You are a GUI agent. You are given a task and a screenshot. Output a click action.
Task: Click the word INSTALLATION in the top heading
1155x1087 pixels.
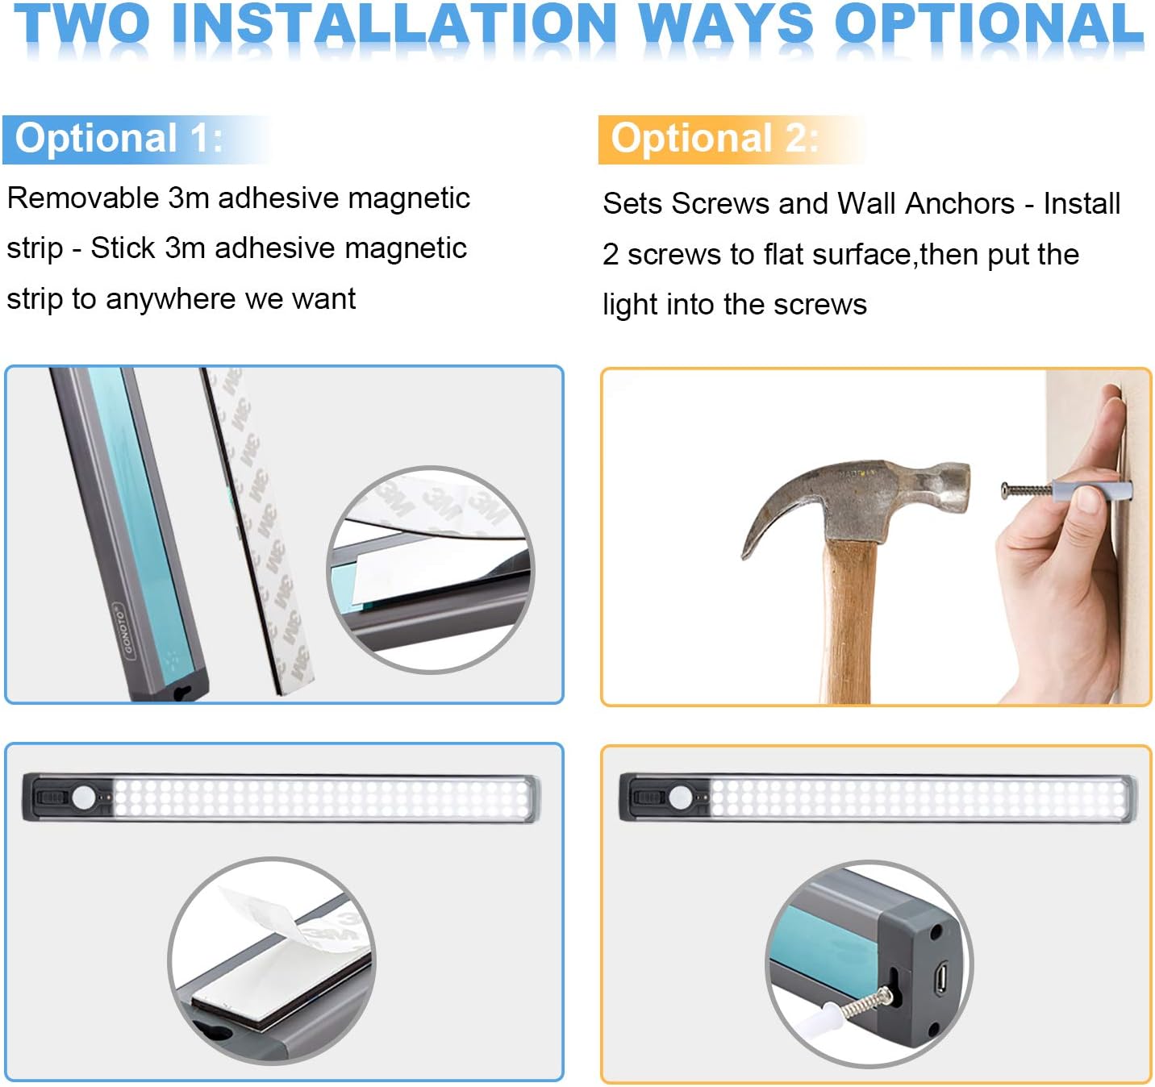[394, 23]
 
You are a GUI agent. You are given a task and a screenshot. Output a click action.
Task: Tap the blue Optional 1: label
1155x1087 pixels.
[119, 139]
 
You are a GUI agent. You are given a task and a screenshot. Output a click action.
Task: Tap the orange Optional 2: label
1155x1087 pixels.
[715, 139]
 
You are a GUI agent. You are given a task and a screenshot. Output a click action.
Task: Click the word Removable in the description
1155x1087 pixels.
[82, 198]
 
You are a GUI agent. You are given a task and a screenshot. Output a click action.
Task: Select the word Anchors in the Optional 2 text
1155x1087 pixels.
[960, 203]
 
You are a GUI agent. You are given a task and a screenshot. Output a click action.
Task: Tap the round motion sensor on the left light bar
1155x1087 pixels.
[84, 798]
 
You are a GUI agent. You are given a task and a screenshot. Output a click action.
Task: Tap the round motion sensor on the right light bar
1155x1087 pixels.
[681, 798]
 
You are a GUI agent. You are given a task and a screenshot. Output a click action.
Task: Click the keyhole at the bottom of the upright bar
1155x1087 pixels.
[183, 693]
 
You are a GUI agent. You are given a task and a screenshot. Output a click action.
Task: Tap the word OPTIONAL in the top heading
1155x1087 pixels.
[990, 23]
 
